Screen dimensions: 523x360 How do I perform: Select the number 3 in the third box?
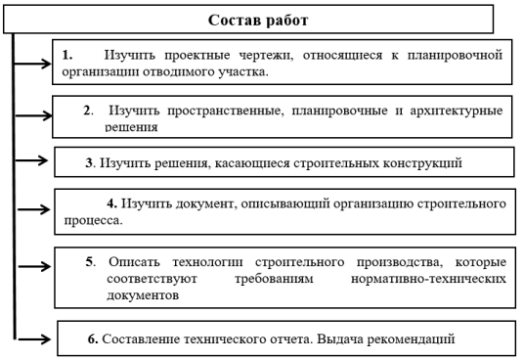pos(89,160)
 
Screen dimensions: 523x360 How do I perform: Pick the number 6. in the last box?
pos(93,339)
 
